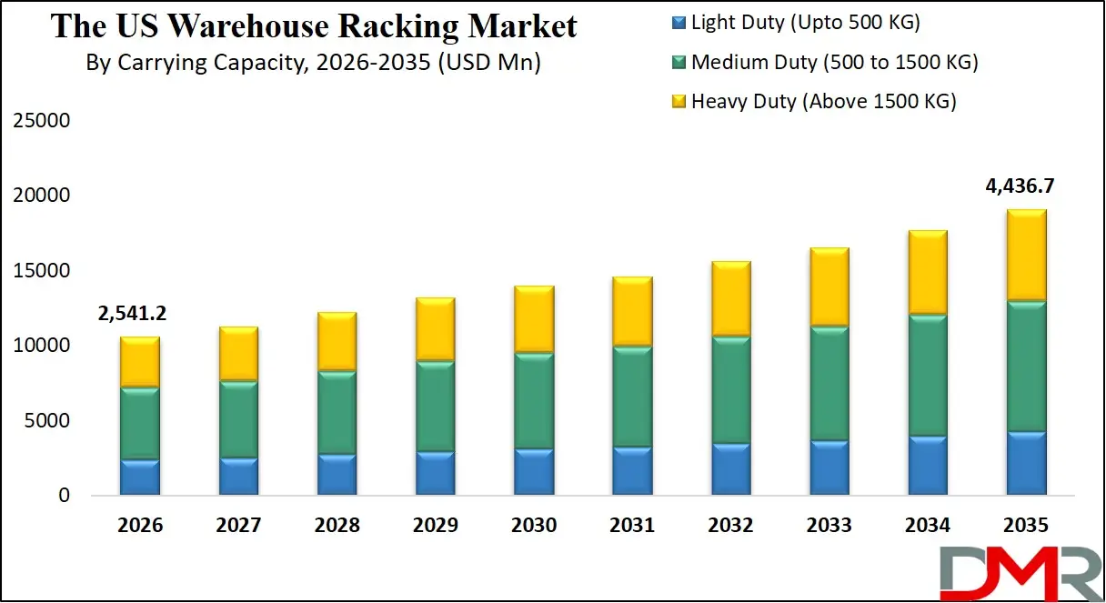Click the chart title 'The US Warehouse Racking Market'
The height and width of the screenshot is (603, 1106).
314,25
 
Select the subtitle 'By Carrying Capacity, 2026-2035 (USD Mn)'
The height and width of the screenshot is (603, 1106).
314,64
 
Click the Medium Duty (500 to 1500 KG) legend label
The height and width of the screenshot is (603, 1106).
834,62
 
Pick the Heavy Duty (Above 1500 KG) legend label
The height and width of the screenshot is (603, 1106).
823,101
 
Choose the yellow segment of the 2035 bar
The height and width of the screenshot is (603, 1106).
1026,255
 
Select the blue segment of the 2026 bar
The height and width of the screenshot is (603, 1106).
139,477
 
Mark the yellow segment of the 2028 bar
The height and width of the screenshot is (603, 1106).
337,341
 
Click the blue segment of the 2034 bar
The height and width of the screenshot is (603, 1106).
928,466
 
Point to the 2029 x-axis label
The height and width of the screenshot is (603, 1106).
436,526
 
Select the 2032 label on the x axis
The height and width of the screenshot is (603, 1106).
730,526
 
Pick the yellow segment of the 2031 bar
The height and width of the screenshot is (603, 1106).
632,311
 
